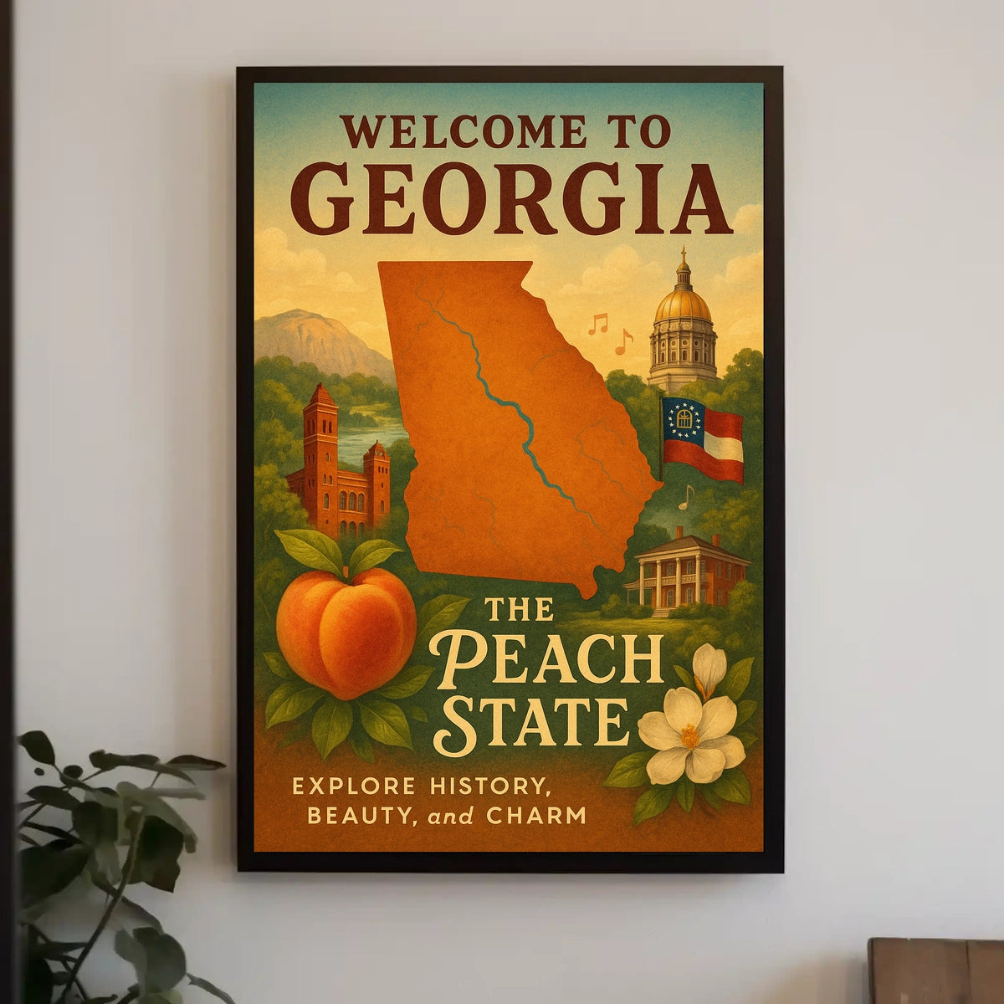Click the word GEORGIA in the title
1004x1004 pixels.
click(510, 201)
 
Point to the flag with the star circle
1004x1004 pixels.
click(702, 439)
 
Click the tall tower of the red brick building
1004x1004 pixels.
click(320, 452)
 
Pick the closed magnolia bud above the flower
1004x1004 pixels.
click(709, 669)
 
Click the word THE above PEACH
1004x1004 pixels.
click(519, 609)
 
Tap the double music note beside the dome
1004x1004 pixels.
click(597, 324)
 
